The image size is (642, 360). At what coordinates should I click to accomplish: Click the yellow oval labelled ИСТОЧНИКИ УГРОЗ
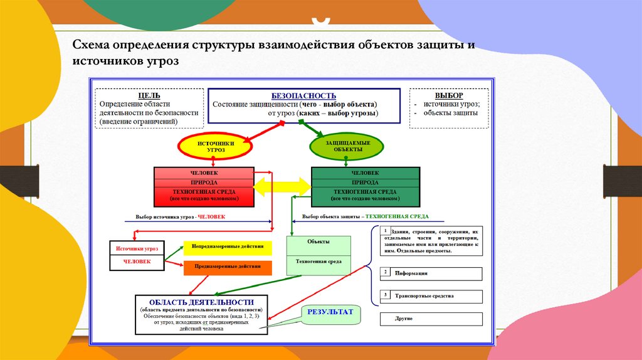point(215,147)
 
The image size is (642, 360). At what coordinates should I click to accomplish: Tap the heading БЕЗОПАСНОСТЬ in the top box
point(303,95)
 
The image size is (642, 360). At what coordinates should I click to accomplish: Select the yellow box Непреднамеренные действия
point(227,248)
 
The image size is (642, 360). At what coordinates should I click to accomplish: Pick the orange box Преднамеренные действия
point(227,268)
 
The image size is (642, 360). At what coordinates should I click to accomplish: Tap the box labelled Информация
point(432,273)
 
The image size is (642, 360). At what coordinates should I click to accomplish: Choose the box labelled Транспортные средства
point(432,296)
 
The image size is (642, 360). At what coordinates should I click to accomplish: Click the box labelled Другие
point(432,319)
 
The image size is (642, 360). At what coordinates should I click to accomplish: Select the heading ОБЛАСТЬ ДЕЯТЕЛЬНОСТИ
point(201,302)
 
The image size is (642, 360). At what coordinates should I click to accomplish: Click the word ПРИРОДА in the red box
point(204,182)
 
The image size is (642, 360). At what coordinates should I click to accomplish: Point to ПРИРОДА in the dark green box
point(366,182)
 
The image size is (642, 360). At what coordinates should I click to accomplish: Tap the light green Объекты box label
point(318,241)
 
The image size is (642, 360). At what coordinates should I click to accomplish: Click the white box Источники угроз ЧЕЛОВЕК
point(137,255)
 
